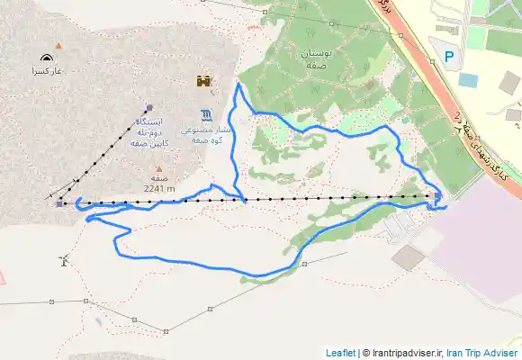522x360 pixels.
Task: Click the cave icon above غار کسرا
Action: click(x=46, y=57)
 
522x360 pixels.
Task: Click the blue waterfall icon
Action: click(x=208, y=113)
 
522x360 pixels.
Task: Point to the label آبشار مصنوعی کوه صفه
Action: click(x=208, y=135)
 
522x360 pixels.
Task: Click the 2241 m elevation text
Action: click(x=158, y=189)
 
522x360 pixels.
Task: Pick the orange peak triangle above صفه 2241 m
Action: click(x=158, y=168)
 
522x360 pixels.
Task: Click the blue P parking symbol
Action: click(x=449, y=57)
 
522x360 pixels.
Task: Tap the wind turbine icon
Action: click(x=62, y=260)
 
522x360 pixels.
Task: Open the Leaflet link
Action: click(x=340, y=353)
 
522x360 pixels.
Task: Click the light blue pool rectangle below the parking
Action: click(x=467, y=79)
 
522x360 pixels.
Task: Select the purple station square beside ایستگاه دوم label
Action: click(x=148, y=106)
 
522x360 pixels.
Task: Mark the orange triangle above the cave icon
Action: click(x=58, y=45)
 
